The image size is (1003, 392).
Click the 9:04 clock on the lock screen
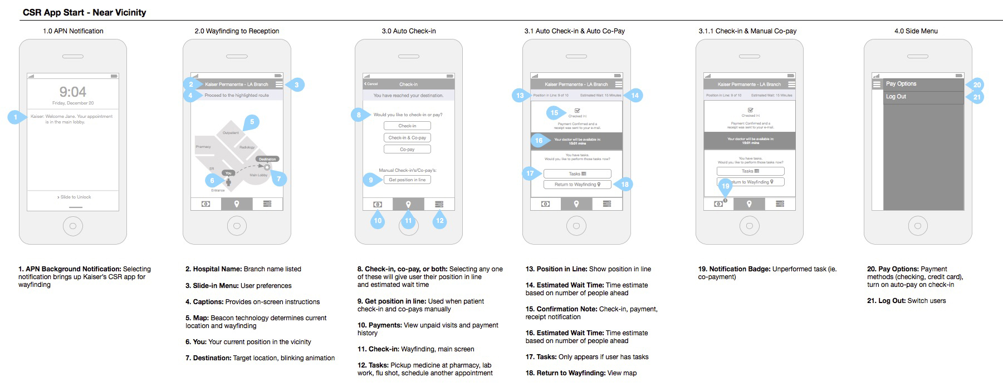click(x=72, y=92)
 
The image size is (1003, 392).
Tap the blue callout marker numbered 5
click(x=252, y=122)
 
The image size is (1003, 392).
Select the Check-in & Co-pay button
click(x=407, y=137)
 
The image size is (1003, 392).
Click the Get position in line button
click(x=407, y=180)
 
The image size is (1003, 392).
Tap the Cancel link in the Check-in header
click(x=371, y=84)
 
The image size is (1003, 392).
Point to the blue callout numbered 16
click(x=539, y=140)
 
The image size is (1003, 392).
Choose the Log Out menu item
click(x=896, y=97)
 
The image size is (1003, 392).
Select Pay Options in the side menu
click(x=901, y=84)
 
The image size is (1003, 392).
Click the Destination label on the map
click(x=267, y=159)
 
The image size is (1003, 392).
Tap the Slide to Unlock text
click(x=74, y=197)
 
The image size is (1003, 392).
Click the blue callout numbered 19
click(x=725, y=186)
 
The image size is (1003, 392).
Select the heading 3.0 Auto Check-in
click(x=409, y=31)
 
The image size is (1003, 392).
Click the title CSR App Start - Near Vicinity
click(x=85, y=12)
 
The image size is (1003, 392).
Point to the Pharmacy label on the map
click(x=203, y=147)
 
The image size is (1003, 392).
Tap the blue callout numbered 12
click(x=439, y=221)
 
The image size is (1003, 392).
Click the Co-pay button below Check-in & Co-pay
click(x=407, y=149)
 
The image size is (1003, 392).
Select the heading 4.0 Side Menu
click(x=916, y=31)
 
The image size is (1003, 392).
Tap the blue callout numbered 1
click(x=16, y=117)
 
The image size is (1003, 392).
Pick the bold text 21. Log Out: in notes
click(x=886, y=301)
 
